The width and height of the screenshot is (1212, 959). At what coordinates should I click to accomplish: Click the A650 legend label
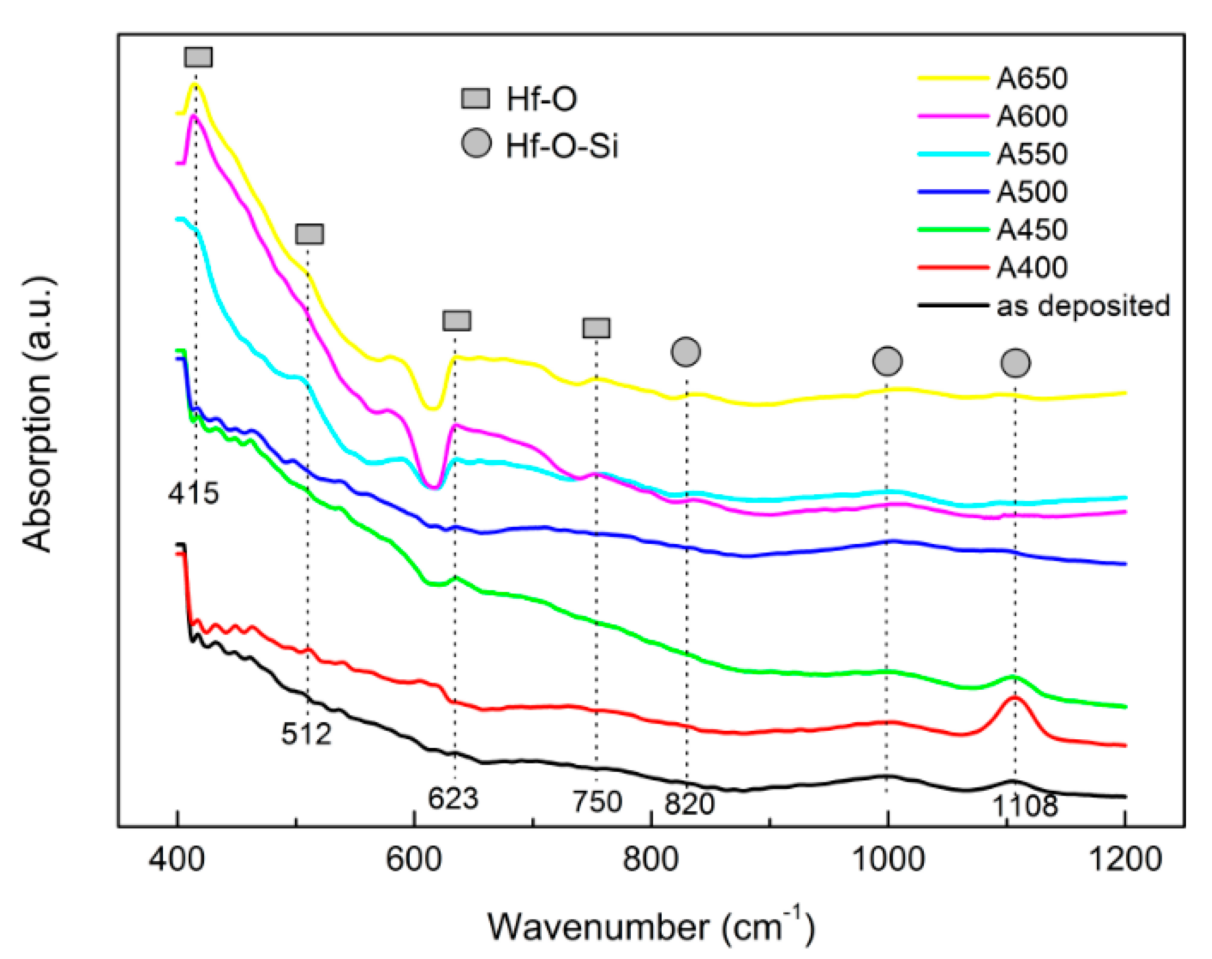coord(1031,78)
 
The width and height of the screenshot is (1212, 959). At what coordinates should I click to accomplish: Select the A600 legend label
coord(1031,116)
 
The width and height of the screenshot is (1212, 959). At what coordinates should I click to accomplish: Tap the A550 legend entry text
coord(1031,154)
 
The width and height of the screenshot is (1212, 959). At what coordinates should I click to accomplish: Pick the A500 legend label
coord(1031,192)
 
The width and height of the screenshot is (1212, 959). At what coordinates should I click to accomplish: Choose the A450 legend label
coord(1031,230)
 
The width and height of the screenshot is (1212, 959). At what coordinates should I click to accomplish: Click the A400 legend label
coord(1031,267)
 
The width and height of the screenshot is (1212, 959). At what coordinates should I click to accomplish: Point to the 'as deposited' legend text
coord(1083,306)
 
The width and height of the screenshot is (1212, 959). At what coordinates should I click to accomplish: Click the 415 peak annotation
coord(193,493)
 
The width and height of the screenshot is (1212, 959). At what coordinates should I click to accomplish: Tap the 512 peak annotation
coord(306,733)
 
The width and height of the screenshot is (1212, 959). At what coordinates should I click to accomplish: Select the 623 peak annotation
coord(454,798)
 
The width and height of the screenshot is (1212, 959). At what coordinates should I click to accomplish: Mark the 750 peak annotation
coord(597,802)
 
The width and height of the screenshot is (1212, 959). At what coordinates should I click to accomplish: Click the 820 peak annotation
coord(689,804)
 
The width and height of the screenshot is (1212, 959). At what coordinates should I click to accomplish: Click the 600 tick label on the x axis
coord(414,859)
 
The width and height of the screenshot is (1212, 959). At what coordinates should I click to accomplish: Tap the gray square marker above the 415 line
coord(199,57)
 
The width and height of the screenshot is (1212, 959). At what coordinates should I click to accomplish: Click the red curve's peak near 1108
coord(1014,697)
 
